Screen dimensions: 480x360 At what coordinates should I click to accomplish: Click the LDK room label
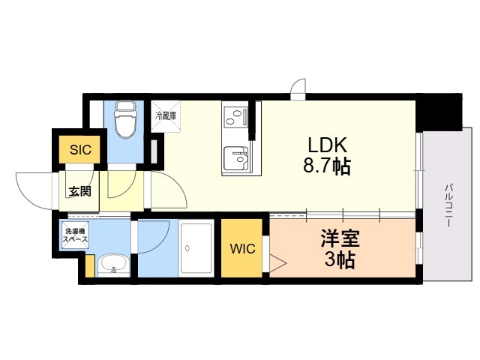327,145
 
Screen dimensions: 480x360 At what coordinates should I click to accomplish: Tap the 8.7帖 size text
327,166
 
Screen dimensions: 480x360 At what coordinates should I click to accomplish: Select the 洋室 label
340,238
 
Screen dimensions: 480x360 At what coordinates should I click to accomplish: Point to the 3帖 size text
340,260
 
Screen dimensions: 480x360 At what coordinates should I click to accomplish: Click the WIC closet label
243,248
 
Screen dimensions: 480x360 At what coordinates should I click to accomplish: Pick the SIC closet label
80,150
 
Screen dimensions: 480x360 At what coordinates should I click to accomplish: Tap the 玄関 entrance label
79,191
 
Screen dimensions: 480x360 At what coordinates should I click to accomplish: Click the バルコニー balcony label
449,205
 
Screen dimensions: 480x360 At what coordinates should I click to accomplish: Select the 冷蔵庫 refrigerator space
166,117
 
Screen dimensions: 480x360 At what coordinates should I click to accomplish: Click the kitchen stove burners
235,117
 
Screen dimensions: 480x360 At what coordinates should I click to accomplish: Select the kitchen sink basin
236,158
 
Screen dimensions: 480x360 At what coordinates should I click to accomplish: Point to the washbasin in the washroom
113,265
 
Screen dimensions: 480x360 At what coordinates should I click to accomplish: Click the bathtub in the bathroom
196,248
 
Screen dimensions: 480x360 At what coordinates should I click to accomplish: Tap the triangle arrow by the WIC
277,263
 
